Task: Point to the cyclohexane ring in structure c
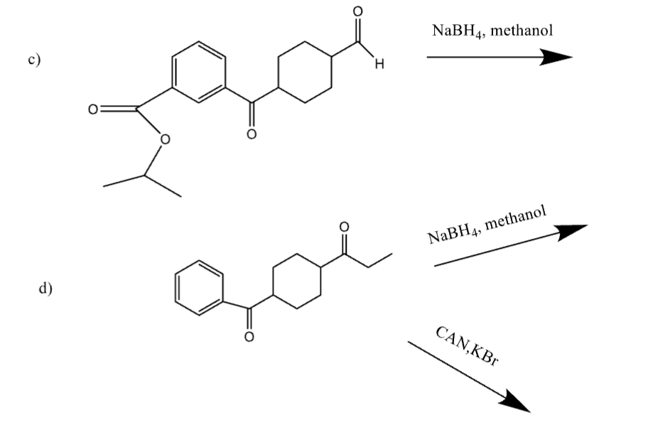[x=306, y=72]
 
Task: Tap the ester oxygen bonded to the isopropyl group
[x=165, y=139]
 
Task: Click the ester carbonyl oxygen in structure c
[x=93, y=109]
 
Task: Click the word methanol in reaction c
[x=522, y=31]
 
